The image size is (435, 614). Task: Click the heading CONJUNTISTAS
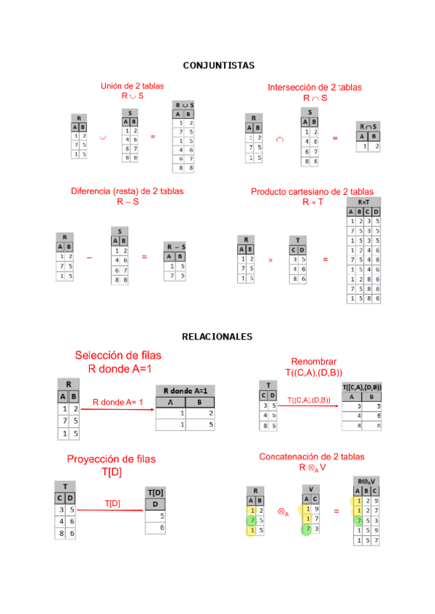coord(218,66)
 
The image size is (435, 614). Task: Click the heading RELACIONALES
coord(217,337)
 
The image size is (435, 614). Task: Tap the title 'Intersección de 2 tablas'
coord(315,88)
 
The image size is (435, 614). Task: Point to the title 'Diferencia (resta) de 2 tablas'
coord(127,191)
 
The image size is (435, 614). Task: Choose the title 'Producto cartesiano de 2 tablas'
coord(312,192)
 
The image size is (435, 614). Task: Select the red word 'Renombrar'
coord(314,362)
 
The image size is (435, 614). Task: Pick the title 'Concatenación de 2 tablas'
coord(312,457)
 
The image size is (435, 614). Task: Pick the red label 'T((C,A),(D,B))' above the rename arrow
coord(308,400)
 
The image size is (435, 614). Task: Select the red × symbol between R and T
coord(270,259)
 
